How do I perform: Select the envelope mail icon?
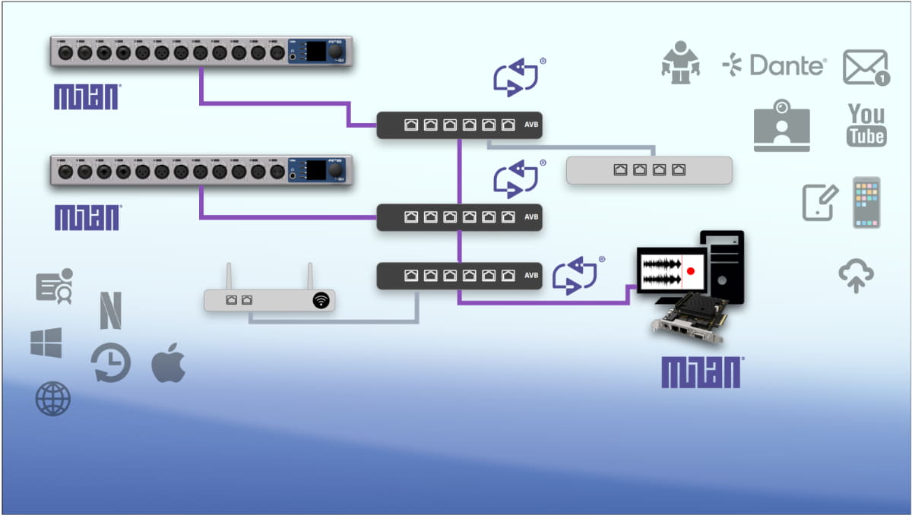[866, 68]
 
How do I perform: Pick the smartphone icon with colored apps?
[866, 202]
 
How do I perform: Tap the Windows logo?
[46, 343]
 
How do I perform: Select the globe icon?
[52, 398]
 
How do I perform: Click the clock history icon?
[111, 362]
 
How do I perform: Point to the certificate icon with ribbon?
[55, 286]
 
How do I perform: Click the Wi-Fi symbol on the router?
[322, 301]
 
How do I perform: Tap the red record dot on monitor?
[691, 270]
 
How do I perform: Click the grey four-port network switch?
[649, 170]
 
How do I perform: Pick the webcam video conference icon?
[781, 126]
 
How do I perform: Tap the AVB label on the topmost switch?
[530, 125]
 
